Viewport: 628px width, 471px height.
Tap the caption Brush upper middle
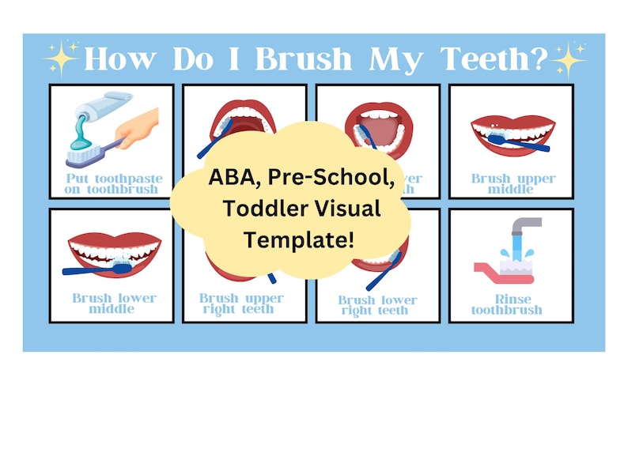pos(513,183)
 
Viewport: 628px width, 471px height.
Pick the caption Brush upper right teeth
pos(241,303)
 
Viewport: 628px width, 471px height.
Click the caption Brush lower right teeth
pos(378,305)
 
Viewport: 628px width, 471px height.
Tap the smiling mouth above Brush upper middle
pos(512,134)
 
